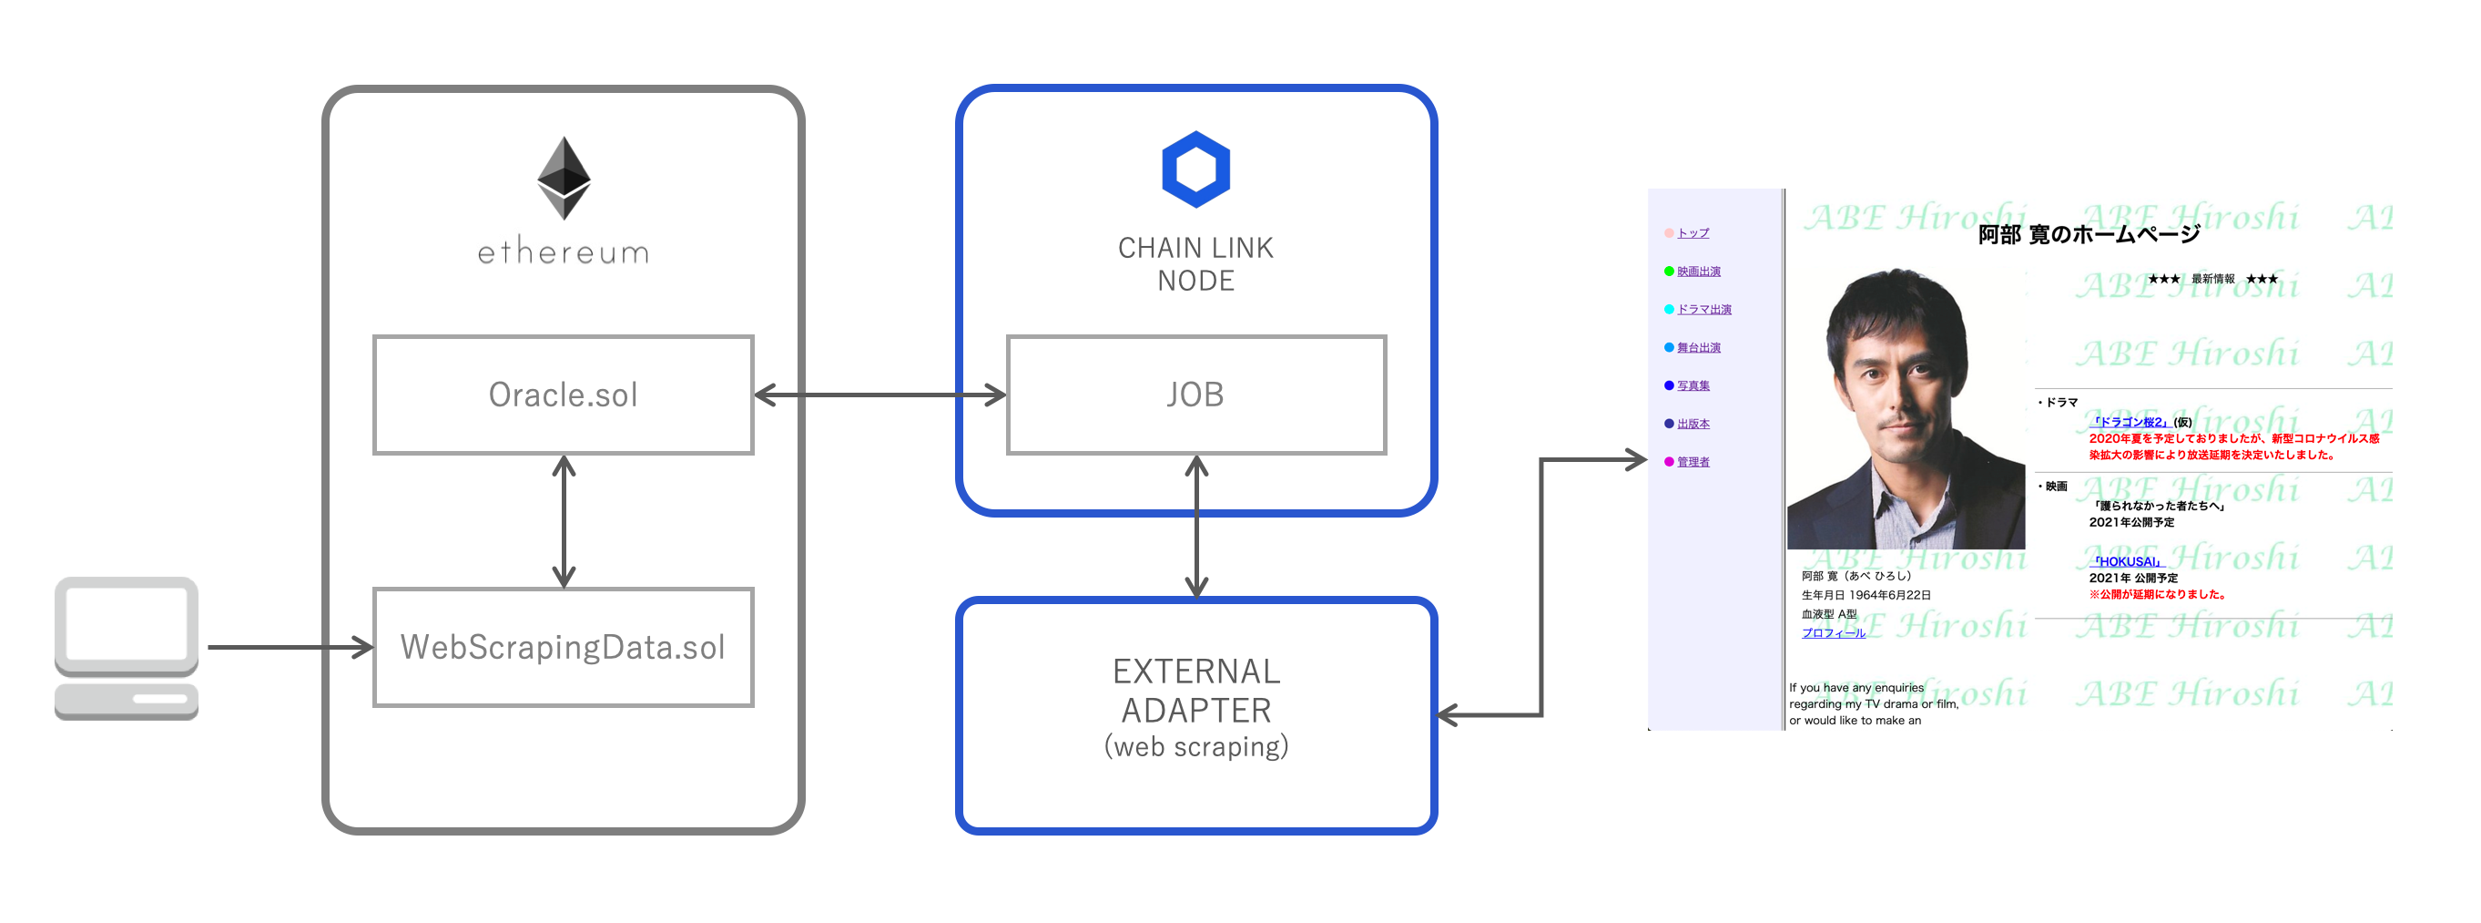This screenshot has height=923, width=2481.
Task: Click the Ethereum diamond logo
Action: point(564,178)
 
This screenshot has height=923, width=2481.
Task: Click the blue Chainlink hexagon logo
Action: point(1195,169)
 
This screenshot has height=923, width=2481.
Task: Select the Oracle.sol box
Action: point(564,395)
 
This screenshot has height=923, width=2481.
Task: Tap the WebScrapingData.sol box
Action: point(564,648)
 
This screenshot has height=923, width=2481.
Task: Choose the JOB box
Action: point(1195,395)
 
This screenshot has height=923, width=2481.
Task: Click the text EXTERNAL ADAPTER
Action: point(1195,691)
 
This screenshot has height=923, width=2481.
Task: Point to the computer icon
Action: point(127,648)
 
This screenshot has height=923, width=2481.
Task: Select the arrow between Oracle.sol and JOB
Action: point(880,395)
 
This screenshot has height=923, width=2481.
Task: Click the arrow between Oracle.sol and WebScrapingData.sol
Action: point(564,521)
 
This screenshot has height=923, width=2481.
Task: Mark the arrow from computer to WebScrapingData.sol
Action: point(289,648)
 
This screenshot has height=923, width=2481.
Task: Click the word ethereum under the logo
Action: point(564,252)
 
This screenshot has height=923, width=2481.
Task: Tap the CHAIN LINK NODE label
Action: point(1195,264)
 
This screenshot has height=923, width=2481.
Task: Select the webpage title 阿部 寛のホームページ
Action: point(2088,234)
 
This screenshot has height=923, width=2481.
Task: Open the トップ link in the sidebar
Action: point(1693,233)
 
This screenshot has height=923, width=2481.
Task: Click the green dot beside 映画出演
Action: point(1668,272)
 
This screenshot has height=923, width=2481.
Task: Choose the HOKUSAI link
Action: point(2127,561)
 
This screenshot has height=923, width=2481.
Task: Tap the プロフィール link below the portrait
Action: point(1833,633)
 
